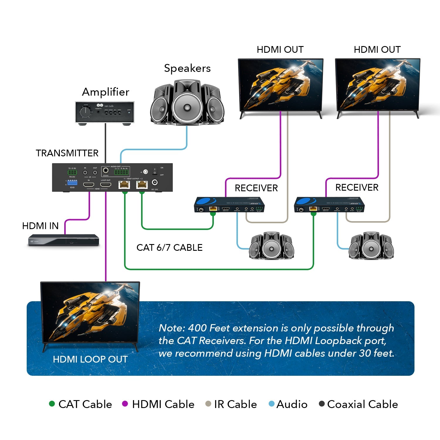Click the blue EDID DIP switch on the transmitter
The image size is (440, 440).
click(72, 182)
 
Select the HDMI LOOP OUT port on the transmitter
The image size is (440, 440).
click(106, 185)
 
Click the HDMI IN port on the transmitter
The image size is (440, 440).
click(89, 185)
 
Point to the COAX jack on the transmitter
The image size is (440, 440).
click(105, 170)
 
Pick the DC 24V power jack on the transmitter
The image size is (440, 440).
click(155, 182)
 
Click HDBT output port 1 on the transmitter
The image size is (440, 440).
click(124, 185)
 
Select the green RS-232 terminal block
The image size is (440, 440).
click(72, 172)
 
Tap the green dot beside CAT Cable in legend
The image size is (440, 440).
click(52, 404)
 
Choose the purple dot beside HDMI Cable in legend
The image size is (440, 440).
click(125, 404)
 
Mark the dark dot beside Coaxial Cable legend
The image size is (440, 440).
click(322, 404)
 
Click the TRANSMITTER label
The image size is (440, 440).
click(67, 153)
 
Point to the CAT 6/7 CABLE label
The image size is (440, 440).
click(169, 248)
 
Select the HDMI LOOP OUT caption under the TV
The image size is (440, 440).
click(90, 359)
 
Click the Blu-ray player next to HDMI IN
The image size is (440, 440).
click(63, 240)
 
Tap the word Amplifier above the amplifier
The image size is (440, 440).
click(106, 92)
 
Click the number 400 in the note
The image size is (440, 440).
click(197, 328)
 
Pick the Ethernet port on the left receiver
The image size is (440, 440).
click(213, 209)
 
